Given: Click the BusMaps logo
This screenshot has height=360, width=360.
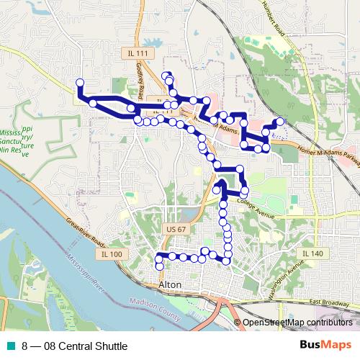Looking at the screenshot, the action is [325, 346].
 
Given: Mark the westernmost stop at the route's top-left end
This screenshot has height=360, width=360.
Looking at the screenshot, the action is [80, 83].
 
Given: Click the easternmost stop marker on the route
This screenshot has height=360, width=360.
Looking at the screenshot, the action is [281, 122].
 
